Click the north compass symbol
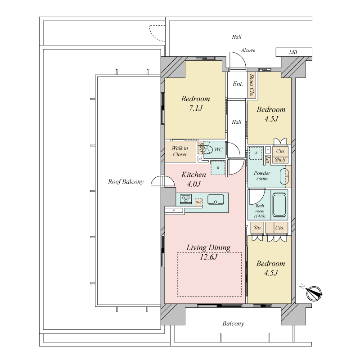pyautogui.click(x=314, y=293)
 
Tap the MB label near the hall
pyautogui.click(x=293, y=53)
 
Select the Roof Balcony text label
pyautogui.click(x=126, y=182)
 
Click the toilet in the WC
pyautogui.click(x=208, y=149)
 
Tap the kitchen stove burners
pyautogui.click(x=186, y=199)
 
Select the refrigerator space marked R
pyautogui.click(x=218, y=167)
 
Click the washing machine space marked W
pyautogui.click(x=256, y=153)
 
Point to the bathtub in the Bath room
pyautogui.click(x=279, y=207)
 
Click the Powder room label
pyautogui.click(x=262, y=175)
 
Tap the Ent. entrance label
pyautogui.click(x=238, y=84)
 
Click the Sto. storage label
pyautogui.click(x=257, y=228)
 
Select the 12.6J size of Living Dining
pyautogui.click(x=209, y=257)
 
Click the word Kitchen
pyautogui.click(x=193, y=175)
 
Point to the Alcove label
pyautogui.click(x=247, y=50)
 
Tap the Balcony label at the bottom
pyautogui.click(x=233, y=324)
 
